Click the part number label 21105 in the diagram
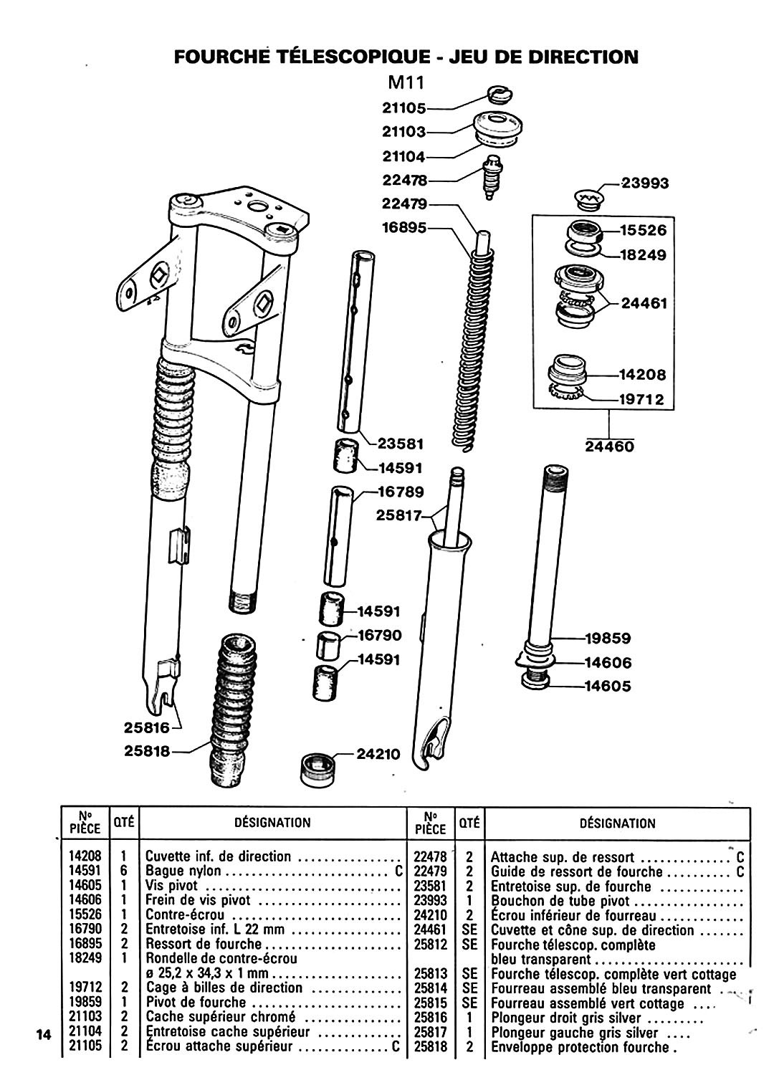pos(403,108)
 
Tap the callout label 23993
pos(644,183)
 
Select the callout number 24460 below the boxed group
pos(609,446)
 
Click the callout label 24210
pos(378,754)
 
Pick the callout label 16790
pos(380,636)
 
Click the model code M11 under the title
pos(406,83)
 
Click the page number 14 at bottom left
pos(44,1034)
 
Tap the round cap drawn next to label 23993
pos(589,199)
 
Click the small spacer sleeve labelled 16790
pos(328,646)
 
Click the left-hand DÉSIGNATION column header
pos(272,823)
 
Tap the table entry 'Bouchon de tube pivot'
pos(560,901)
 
